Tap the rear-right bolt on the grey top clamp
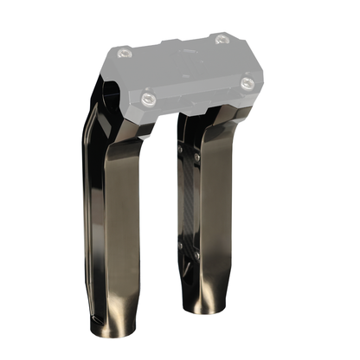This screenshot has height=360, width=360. [221, 39]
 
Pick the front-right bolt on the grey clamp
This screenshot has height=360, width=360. [247, 83]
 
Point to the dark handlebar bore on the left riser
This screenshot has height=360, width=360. [110, 89]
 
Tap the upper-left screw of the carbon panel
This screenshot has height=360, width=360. [180, 149]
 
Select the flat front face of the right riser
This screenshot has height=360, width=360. [221, 216]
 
